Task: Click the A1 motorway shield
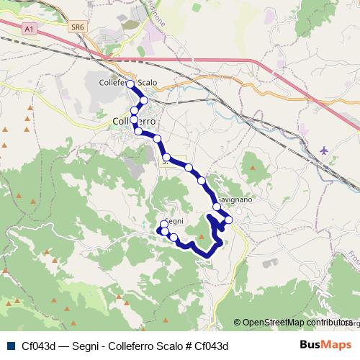pos(28,29)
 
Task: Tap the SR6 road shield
pos(78,27)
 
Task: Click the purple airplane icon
pos(324,150)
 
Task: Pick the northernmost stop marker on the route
pos(130,84)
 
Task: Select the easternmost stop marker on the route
pos(229,220)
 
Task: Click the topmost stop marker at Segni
pos(164,225)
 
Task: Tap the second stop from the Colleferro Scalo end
pos(144,100)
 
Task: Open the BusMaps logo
pos(325,344)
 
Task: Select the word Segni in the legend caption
pos(78,346)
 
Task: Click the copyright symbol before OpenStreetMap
pos(238,323)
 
